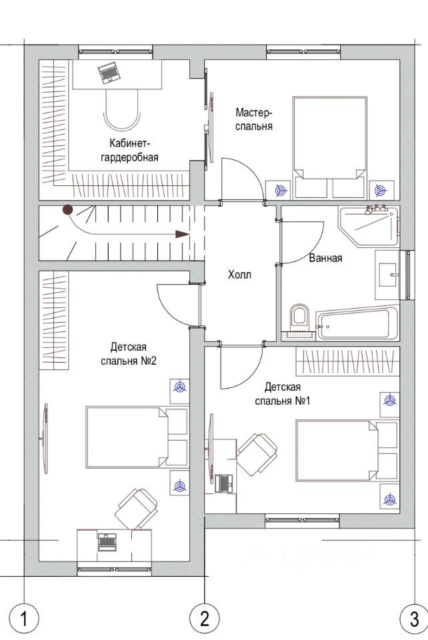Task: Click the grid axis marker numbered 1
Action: [x=23, y=619]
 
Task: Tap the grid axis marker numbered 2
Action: [x=205, y=619]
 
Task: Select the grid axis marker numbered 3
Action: [x=413, y=619]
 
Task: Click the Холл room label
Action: [x=239, y=275]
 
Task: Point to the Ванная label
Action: [x=325, y=258]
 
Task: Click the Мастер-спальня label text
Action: [x=254, y=119]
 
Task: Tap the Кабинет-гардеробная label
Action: [x=130, y=150]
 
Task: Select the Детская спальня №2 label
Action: [x=129, y=354]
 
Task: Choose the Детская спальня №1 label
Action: [x=283, y=393]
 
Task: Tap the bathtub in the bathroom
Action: [x=358, y=324]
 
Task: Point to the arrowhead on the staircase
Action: [x=183, y=234]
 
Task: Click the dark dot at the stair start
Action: [x=67, y=210]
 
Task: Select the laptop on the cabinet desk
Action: [x=109, y=73]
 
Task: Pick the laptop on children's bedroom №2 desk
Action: [x=107, y=541]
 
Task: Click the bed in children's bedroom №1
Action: [x=347, y=450]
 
